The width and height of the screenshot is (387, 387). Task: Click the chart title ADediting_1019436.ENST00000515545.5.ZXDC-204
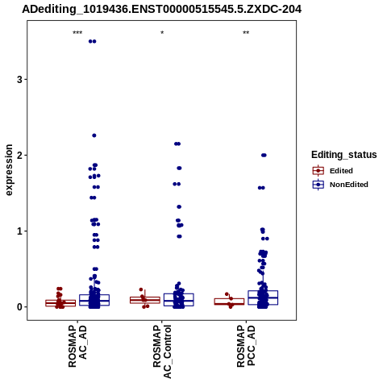[x=162, y=10]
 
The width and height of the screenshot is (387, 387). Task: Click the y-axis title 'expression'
[x=9, y=170]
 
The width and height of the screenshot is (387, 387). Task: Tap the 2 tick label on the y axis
[x=19, y=156]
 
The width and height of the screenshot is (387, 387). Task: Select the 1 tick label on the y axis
[x=19, y=231]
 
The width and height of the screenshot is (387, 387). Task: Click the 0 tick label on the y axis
[x=19, y=307]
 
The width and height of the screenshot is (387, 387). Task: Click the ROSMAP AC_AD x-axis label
[x=77, y=346]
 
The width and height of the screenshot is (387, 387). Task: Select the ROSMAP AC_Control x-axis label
[x=162, y=352]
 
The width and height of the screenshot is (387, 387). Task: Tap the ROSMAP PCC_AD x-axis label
[x=246, y=346]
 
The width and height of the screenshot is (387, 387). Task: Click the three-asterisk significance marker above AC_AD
[x=77, y=33]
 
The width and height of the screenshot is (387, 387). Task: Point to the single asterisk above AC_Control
[x=162, y=33]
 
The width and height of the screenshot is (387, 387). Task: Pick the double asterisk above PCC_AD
[x=246, y=33]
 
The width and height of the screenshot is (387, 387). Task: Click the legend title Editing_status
[x=344, y=155]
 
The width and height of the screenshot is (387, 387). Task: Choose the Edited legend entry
[x=333, y=171]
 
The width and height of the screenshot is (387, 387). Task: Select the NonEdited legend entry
[x=340, y=185]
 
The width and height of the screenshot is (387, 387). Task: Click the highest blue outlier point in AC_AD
[x=93, y=41]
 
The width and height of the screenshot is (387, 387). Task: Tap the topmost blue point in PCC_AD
[x=264, y=155]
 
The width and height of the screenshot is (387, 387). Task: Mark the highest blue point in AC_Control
[x=177, y=144]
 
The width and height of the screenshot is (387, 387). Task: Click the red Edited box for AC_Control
[x=145, y=300]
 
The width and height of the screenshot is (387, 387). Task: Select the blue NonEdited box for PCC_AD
[x=263, y=298]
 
